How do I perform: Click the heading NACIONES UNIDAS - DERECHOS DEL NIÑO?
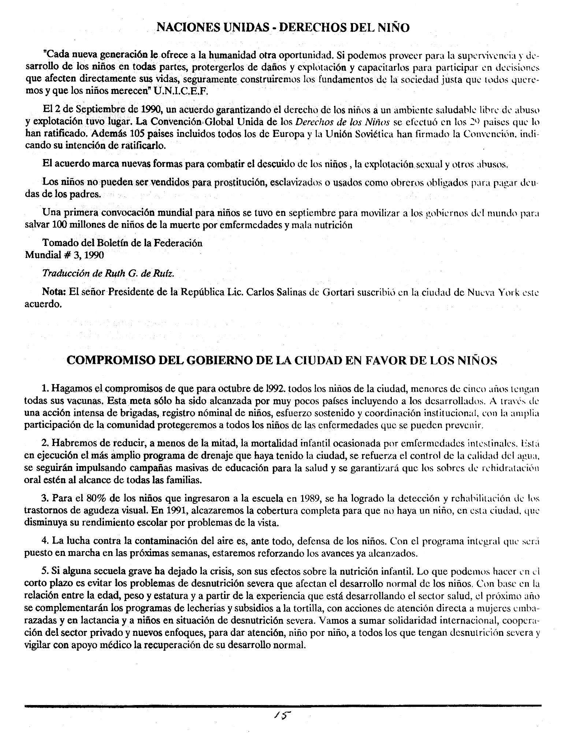283,27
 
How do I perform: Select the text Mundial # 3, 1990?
64,255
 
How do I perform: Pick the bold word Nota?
54,292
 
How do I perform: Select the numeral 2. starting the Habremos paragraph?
45,443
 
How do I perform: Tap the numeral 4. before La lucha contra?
45,541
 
